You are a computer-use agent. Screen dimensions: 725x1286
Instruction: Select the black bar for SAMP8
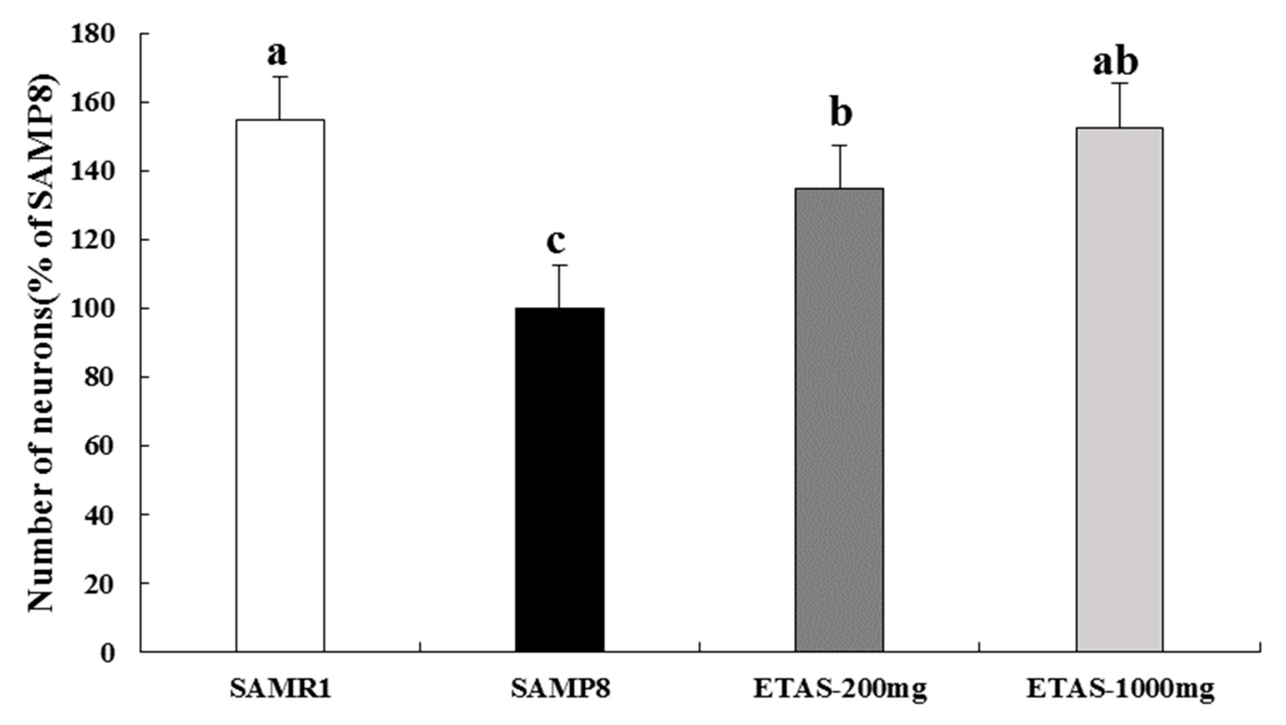(560, 479)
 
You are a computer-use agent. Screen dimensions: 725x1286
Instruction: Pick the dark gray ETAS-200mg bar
(839, 420)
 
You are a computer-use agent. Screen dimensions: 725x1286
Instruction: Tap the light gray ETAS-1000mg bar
(1119, 390)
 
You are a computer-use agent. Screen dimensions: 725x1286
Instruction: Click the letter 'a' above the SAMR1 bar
(277, 55)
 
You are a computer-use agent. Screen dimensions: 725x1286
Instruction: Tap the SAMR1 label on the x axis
(281, 690)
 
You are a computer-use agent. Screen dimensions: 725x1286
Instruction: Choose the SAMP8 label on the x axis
(560, 690)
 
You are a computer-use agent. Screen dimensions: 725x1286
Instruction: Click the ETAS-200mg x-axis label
(840, 690)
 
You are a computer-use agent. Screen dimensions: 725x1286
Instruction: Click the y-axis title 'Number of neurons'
(41, 345)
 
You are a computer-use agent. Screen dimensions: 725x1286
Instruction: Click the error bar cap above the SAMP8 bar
(560, 265)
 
